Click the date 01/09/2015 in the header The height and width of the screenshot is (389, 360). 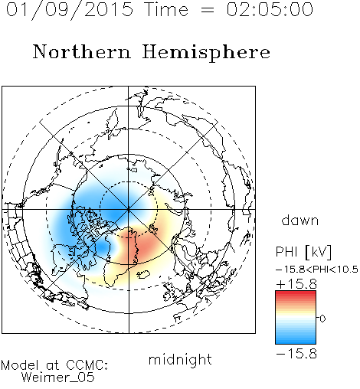pos(70,10)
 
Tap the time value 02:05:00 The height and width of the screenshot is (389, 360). pos(270,10)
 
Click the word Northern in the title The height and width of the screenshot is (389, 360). pos(82,52)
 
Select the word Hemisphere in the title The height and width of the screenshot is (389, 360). pos(206,53)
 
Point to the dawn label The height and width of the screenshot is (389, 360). pos(300,221)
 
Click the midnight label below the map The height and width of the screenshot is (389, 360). pos(180,359)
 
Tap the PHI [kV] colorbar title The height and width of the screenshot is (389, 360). pos(303,252)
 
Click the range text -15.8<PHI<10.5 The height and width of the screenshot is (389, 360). pos(317,270)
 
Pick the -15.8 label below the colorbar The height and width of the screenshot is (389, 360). pos(296,354)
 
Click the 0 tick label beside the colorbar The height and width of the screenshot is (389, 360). pos(322,319)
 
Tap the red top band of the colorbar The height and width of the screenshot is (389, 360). pos(296,293)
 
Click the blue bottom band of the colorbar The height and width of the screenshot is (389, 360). pos(296,341)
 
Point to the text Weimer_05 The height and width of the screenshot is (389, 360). pos(58,378)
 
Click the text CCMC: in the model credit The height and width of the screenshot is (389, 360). pos(87,365)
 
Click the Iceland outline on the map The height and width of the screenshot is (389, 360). pos(143,274)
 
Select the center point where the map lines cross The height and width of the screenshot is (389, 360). pos(129,210)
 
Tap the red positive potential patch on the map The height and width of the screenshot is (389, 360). pos(139,245)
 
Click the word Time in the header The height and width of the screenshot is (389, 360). pos(166,10)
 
